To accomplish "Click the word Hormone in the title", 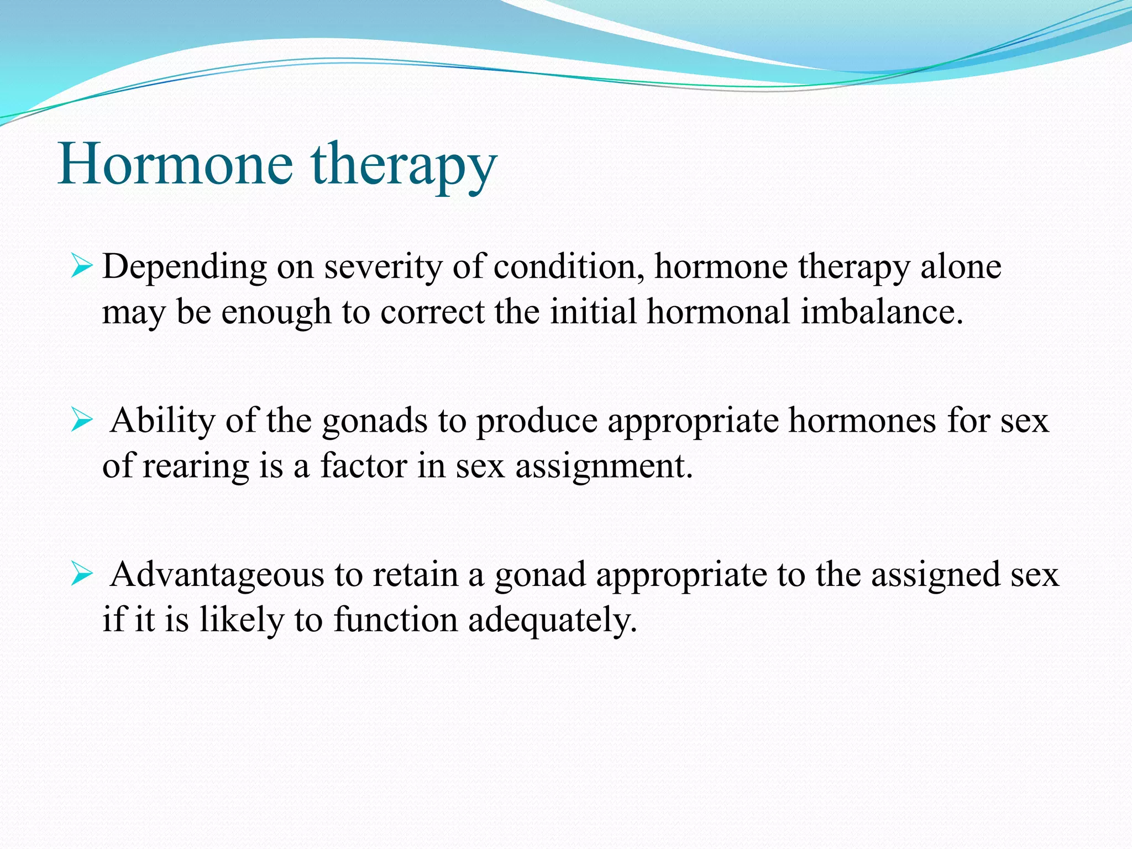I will [x=175, y=164].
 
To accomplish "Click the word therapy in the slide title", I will [x=403, y=166].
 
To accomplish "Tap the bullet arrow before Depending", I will [x=81, y=268].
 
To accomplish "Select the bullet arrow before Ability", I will [x=81, y=422].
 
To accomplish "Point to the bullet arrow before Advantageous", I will [x=81, y=575].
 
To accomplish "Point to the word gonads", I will [x=375, y=421].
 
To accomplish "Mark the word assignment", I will [x=604, y=466].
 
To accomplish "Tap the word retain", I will [x=416, y=574].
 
